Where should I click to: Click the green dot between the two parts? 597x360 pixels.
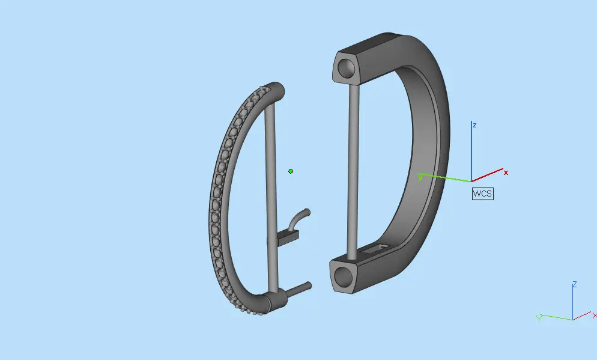tap(291, 171)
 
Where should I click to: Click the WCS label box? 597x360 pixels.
tap(482, 194)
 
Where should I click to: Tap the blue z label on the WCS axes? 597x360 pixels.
tap(474, 125)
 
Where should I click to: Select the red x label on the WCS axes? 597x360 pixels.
tap(506, 172)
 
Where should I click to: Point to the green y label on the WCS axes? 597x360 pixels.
tap(420, 177)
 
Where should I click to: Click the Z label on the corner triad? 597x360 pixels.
tap(575, 284)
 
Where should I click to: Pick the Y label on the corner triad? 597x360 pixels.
tap(539, 318)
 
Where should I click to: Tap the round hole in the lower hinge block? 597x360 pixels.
tap(343, 276)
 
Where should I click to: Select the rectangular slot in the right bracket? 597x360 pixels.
tap(375, 249)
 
